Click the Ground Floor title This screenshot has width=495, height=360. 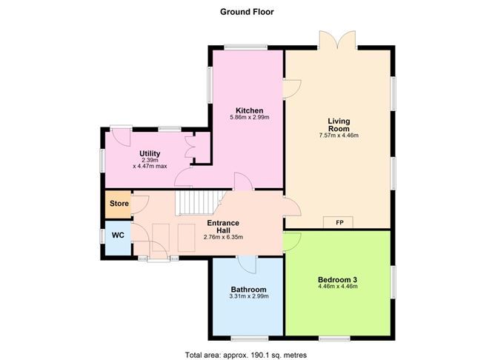pyautogui.click(x=247, y=12)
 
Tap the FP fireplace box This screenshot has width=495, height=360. pyautogui.click(x=339, y=221)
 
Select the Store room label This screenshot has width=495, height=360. pyautogui.click(x=119, y=204)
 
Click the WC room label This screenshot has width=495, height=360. pyautogui.click(x=118, y=235)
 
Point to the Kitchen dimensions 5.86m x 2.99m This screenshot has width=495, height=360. pyautogui.click(x=246, y=117)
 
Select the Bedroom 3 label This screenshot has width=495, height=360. pyautogui.click(x=338, y=279)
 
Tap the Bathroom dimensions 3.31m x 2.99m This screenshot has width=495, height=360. pyautogui.click(x=247, y=296)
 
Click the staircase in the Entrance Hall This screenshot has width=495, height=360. pyautogui.click(x=198, y=200)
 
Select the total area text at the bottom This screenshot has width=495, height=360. pyautogui.click(x=247, y=355)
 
